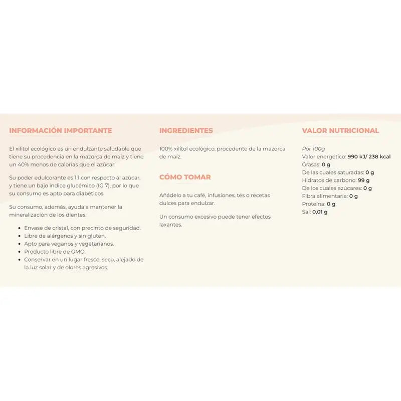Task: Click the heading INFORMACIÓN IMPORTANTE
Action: pyautogui.click(x=61, y=131)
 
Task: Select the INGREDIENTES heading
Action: pyautogui.click(x=186, y=131)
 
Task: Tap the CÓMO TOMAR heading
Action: pyautogui.click(x=185, y=177)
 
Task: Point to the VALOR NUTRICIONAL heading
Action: pyautogui.click(x=340, y=131)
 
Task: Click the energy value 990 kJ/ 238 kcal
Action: pyautogui.click(x=369, y=156)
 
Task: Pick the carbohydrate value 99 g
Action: pyautogui.click(x=364, y=180)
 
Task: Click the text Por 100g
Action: pyautogui.click(x=313, y=149)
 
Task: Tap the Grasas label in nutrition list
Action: pyautogui.click(x=311, y=164)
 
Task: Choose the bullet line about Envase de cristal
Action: pyautogui.click(x=83, y=228)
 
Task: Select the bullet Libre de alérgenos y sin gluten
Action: pyautogui.click(x=65, y=236)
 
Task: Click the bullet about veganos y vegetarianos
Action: pyautogui.click(x=69, y=244)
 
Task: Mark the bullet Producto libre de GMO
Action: pyautogui.click(x=55, y=252)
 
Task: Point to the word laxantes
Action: pyautogui.click(x=171, y=225)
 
